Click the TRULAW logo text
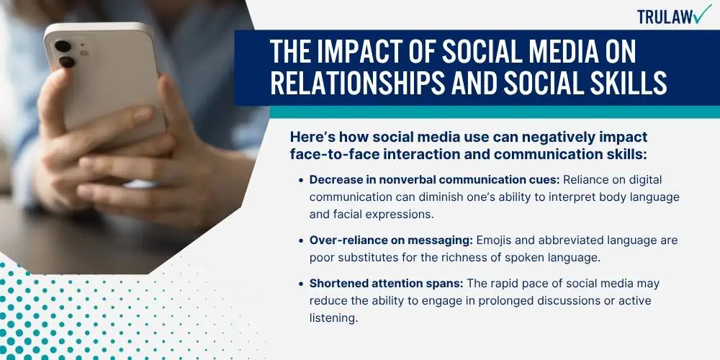coord(664,17)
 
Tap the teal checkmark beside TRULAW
coord(701,14)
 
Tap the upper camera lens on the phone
coord(63,46)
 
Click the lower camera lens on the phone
coord(67,61)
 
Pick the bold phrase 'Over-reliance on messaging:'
coord(390,240)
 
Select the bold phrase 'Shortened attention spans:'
coord(386,284)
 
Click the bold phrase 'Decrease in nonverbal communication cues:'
coord(434,179)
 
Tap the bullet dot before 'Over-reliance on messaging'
coord(300,241)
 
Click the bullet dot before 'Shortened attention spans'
coord(300,284)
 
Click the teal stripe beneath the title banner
coord(495,112)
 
